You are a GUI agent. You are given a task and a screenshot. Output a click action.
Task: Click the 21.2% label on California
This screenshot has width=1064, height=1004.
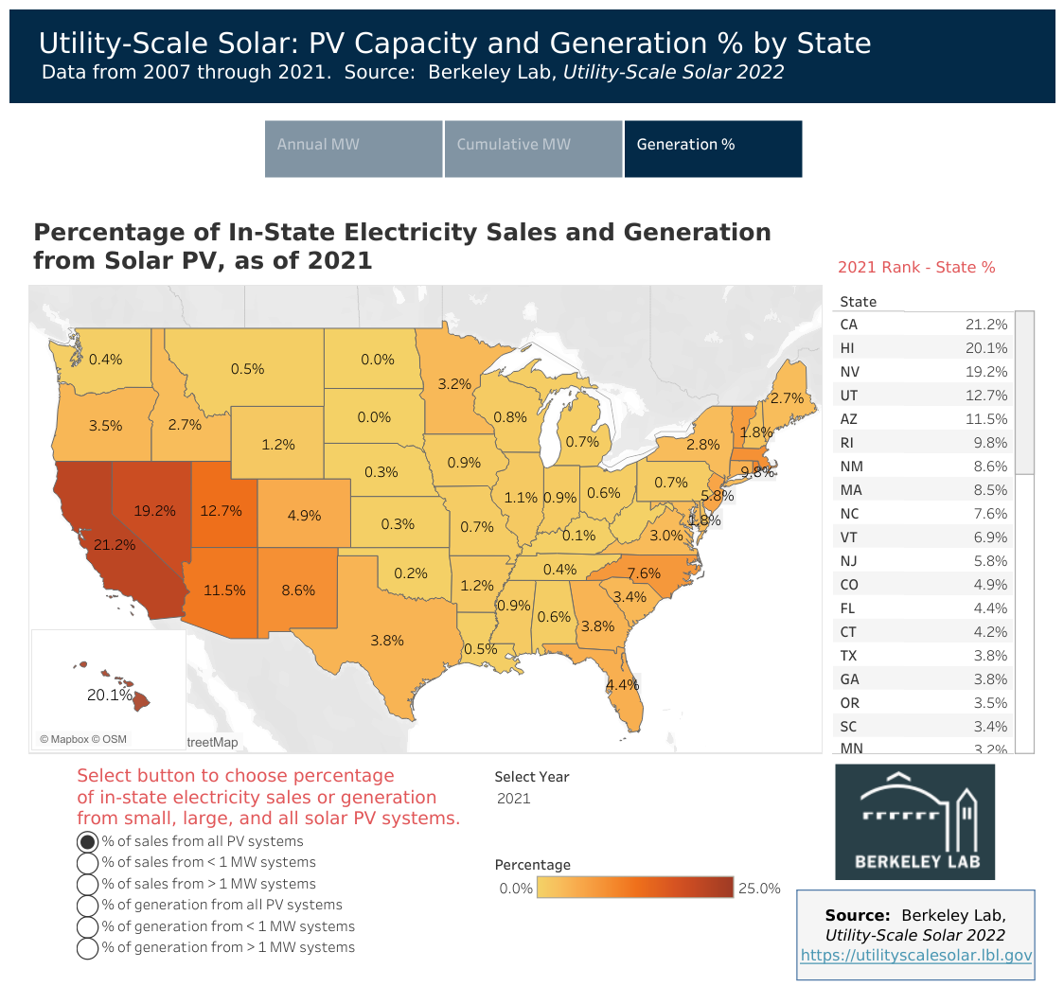click(x=115, y=545)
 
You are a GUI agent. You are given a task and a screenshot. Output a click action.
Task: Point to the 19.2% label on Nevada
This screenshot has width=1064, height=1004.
click(x=154, y=510)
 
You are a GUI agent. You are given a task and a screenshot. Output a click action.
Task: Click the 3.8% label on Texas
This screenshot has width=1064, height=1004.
click(x=387, y=640)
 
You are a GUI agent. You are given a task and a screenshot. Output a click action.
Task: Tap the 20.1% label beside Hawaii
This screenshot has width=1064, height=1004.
click(x=109, y=695)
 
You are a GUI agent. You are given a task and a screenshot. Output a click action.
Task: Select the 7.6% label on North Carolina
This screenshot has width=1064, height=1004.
click(x=644, y=573)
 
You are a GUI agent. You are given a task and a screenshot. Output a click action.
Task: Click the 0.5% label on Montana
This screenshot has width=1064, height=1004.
click(x=247, y=369)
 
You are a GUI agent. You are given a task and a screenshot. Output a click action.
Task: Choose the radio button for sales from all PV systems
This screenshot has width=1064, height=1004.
click(x=87, y=841)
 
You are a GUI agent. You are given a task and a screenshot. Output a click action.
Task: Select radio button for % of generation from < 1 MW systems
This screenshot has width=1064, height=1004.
click(x=87, y=926)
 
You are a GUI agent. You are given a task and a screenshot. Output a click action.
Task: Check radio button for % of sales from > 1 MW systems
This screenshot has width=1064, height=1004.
click(x=87, y=884)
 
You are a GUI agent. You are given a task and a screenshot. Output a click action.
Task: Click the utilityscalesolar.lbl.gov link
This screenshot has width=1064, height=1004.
click(x=915, y=956)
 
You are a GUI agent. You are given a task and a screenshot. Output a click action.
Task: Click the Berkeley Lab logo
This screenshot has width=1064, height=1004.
click(x=914, y=821)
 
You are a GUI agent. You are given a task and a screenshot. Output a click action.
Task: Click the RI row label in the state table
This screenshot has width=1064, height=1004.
click(x=847, y=443)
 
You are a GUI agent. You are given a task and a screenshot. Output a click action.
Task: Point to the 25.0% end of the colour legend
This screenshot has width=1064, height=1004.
click(x=759, y=888)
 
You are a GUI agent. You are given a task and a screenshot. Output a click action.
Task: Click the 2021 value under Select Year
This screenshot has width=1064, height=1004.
click(x=514, y=799)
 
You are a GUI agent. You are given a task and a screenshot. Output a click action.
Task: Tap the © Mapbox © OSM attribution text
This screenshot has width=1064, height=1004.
click(x=83, y=739)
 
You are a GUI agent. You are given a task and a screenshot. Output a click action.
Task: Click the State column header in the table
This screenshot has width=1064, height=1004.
click(x=858, y=302)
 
